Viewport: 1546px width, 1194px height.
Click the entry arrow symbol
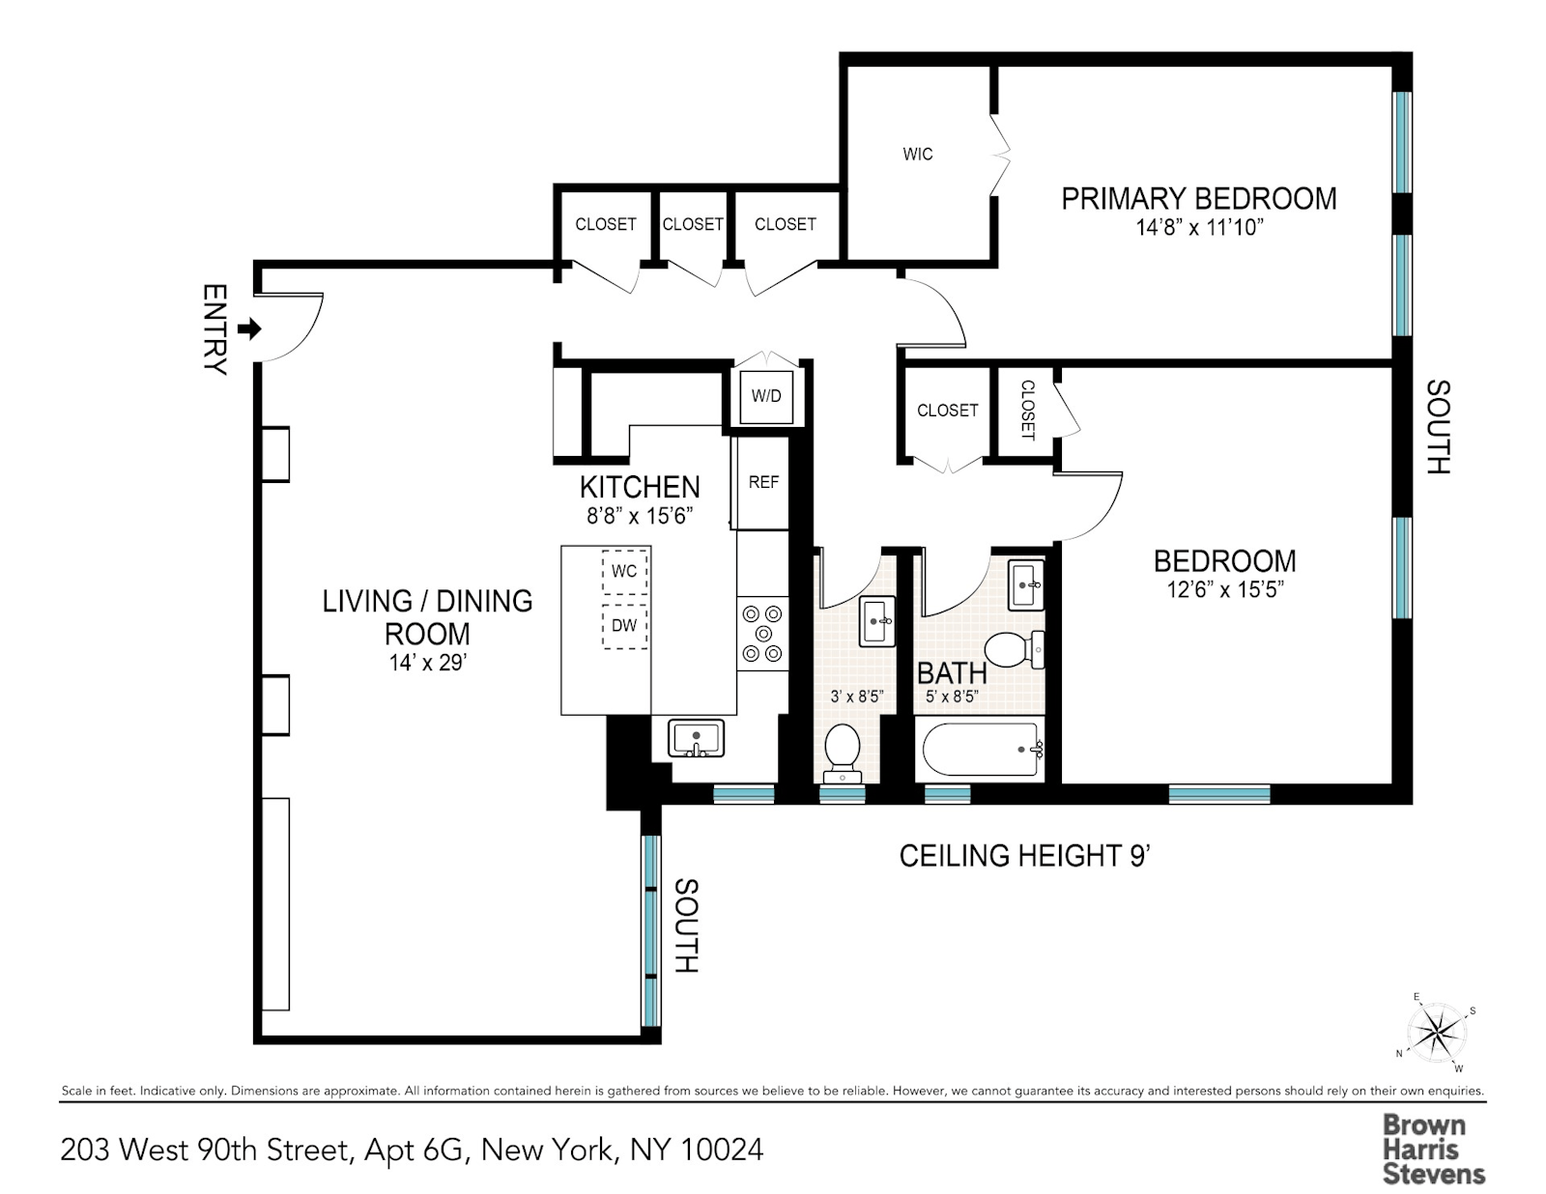(249, 328)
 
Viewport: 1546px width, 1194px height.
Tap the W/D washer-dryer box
(766, 397)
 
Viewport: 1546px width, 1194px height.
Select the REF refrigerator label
(763, 482)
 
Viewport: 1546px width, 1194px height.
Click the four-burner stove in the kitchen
(763, 634)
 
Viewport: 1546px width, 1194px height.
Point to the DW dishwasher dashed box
(624, 626)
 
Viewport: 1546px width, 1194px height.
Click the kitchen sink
(696, 739)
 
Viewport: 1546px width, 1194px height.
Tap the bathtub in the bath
(981, 751)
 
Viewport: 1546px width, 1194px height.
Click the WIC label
(917, 155)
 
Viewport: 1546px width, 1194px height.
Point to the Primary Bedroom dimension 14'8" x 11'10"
(1199, 228)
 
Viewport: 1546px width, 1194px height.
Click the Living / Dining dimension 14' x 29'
(427, 663)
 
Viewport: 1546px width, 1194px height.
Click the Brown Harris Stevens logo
(1433, 1150)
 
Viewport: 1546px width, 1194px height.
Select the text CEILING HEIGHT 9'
(1024, 856)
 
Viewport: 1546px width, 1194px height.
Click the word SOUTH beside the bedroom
(1438, 427)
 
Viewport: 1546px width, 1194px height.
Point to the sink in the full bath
(1026, 584)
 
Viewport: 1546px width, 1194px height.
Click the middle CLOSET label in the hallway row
(692, 224)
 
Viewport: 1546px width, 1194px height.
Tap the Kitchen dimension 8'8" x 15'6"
(640, 516)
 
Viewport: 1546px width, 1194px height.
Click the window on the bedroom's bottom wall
(1218, 794)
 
